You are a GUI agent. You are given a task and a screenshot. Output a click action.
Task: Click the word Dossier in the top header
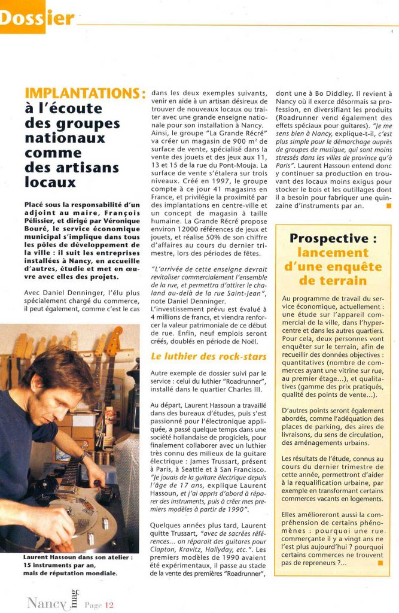coord(37,18)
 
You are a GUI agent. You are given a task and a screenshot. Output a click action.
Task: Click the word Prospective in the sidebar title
coord(325,238)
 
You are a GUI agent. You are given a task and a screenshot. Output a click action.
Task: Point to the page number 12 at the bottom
coord(109,605)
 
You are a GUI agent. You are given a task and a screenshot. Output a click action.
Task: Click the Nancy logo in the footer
coord(48,602)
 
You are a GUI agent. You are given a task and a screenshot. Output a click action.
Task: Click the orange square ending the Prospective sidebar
coord(379,563)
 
